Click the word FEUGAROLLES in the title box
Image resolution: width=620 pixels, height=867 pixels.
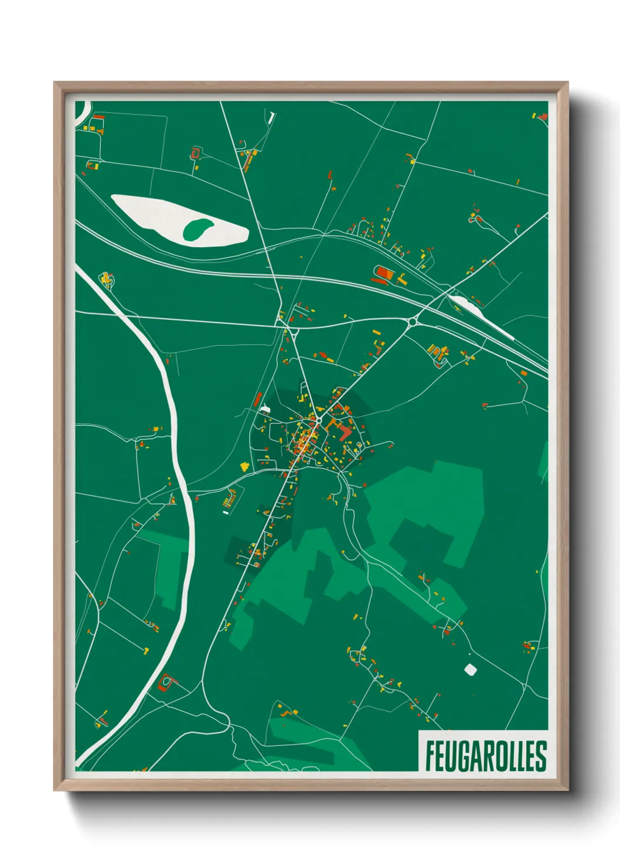pyautogui.click(x=485, y=756)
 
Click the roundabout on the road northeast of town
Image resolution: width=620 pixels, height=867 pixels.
pyautogui.click(x=413, y=321)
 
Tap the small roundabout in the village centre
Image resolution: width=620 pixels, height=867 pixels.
pyautogui.click(x=318, y=419)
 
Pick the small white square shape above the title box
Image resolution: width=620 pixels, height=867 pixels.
pyautogui.click(x=470, y=669)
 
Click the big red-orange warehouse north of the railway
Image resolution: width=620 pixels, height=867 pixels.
pyautogui.click(x=384, y=273)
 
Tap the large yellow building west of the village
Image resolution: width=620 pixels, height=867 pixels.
pyautogui.click(x=244, y=466)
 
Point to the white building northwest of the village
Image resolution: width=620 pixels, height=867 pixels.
pyautogui.click(x=265, y=408)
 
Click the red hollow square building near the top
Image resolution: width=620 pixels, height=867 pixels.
pyautogui.click(x=196, y=154)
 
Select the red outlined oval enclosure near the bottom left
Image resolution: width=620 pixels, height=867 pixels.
pyautogui.click(x=166, y=682)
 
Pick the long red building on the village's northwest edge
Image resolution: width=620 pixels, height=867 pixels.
pyautogui.click(x=258, y=400)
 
